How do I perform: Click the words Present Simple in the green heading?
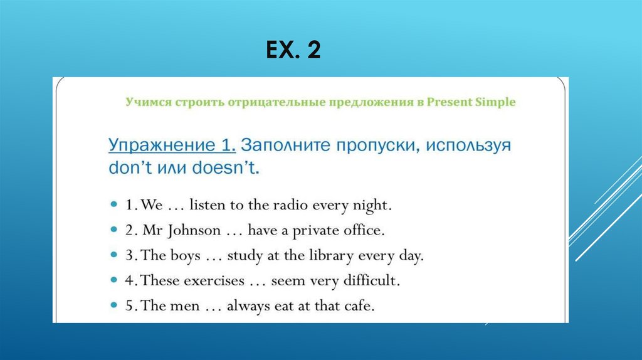click(471, 102)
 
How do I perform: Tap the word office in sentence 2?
click(363, 230)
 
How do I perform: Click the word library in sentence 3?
click(330, 255)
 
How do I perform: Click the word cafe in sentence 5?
click(359, 306)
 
